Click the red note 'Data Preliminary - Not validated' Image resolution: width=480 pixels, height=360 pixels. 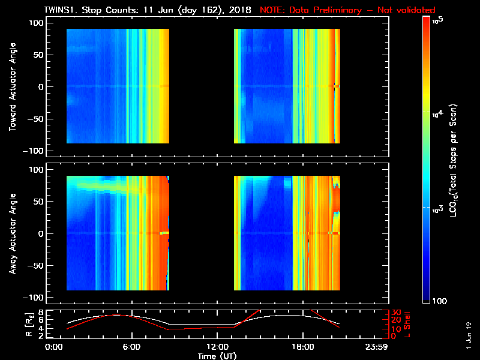point(347,10)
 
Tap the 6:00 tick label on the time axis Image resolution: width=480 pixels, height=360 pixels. point(131,347)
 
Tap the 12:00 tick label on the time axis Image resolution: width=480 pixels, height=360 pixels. point(215,347)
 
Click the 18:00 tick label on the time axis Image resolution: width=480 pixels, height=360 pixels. point(302,347)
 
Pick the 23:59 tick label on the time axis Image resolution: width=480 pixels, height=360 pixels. point(384,347)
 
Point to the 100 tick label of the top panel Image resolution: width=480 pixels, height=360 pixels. point(37,23)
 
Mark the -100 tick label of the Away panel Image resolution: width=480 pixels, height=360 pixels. point(35,298)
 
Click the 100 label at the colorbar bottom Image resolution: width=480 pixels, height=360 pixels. point(439,300)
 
